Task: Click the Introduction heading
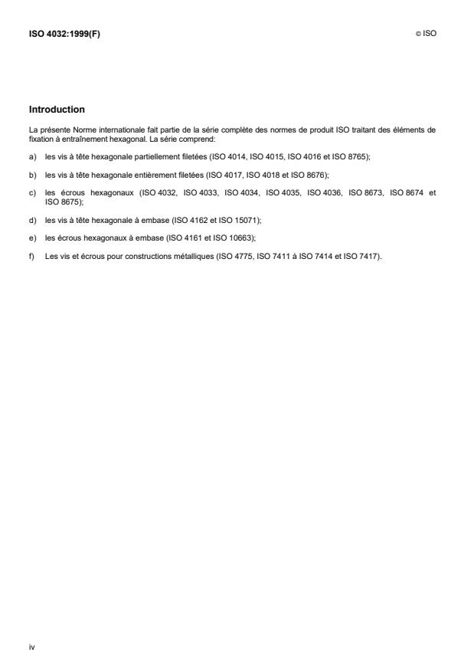pyautogui.click(x=57, y=110)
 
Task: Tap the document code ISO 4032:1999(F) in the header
pyautogui.click(x=64, y=33)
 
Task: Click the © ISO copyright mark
pyautogui.click(x=425, y=33)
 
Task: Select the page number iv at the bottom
pyautogui.click(x=31, y=647)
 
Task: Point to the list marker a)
pyautogui.click(x=32, y=156)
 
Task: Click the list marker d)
pyautogui.click(x=32, y=221)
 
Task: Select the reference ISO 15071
pyautogui.click(x=240, y=221)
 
